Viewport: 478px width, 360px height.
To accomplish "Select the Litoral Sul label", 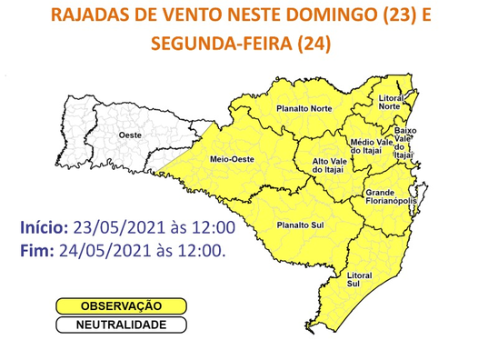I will coord(360,279).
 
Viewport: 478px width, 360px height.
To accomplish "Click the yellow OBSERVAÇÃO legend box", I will coord(122,307).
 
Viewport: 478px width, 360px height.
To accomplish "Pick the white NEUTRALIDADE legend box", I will coord(122,325).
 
